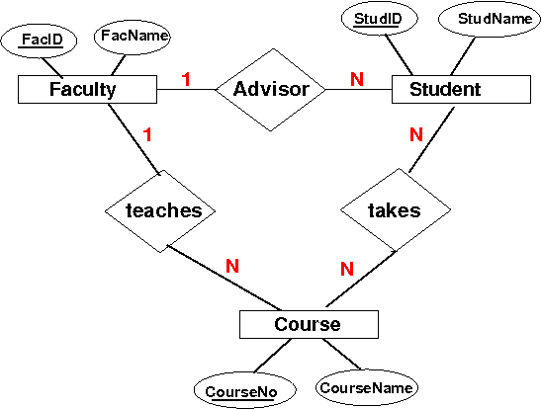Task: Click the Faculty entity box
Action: coord(87,89)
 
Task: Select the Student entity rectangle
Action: coord(461,89)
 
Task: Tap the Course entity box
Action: coord(309,324)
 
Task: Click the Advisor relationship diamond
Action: coord(271,90)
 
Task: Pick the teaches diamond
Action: coord(160,210)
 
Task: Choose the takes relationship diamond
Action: coord(396,209)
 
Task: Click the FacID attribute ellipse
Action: coord(39,41)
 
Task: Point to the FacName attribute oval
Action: coord(133,37)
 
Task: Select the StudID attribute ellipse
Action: coord(379,18)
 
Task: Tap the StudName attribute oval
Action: coord(490,19)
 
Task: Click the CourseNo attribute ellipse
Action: coord(245,391)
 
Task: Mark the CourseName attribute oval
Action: coord(367,387)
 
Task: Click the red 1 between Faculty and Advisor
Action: coord(186,79)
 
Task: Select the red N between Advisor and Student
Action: coord(357,79)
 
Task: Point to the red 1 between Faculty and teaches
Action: coord(147,134)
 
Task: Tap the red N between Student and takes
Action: coord(416,134)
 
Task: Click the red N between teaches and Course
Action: coord(232,266)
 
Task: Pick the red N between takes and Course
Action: coord(347,269)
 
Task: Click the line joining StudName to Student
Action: coord(463,56)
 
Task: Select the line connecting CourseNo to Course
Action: coord(273,356)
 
